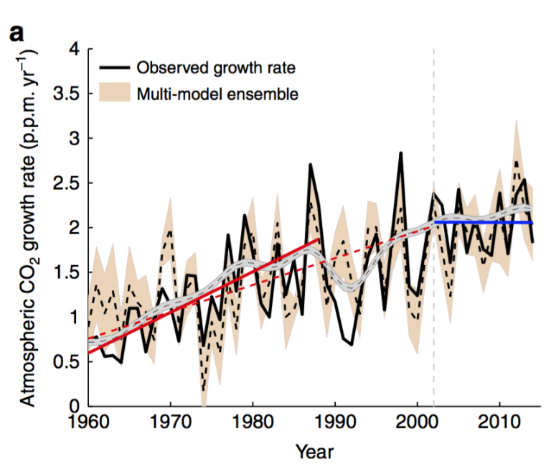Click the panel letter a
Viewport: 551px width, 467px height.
tap(15, 32)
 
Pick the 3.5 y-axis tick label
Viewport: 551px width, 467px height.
tap(66, 94)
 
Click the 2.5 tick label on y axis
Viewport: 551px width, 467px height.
tap(66, 183)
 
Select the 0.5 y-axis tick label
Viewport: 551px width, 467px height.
tap(66, 362)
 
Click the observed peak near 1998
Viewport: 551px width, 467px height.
tap(400, 153)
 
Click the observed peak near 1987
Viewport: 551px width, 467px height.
tap(310, 165)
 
